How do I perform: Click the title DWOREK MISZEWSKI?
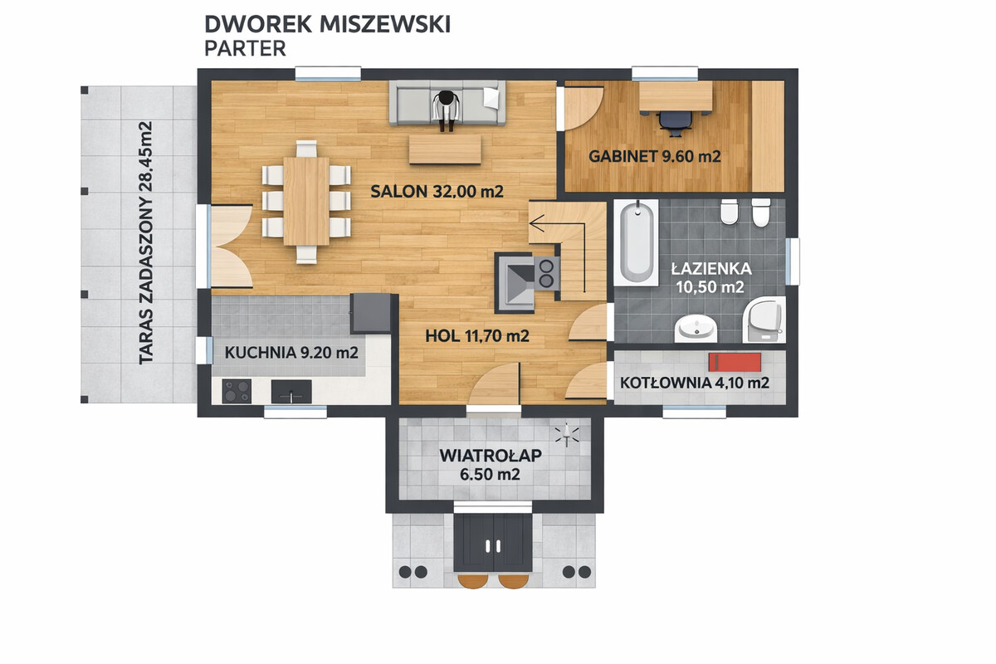(x=327, y=24)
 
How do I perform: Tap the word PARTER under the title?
(x=245, y=48)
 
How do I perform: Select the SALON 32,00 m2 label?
(x=437, y=192)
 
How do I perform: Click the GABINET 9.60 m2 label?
(x=654, y=155)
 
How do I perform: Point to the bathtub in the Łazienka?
(x=638, y=242)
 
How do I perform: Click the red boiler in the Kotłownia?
(x=734, y=362)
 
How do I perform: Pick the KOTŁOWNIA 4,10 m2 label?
(x=694, y=383)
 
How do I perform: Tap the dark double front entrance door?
(x=494, y=544)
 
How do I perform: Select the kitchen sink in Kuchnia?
(x=291, y=390)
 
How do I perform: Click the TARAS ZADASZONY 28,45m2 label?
(x=146, y=243)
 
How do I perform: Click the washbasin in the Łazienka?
(x=696, y=330)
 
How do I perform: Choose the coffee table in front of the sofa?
(x=444, y=149)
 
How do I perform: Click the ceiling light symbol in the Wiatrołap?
(x=569, y=435)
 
